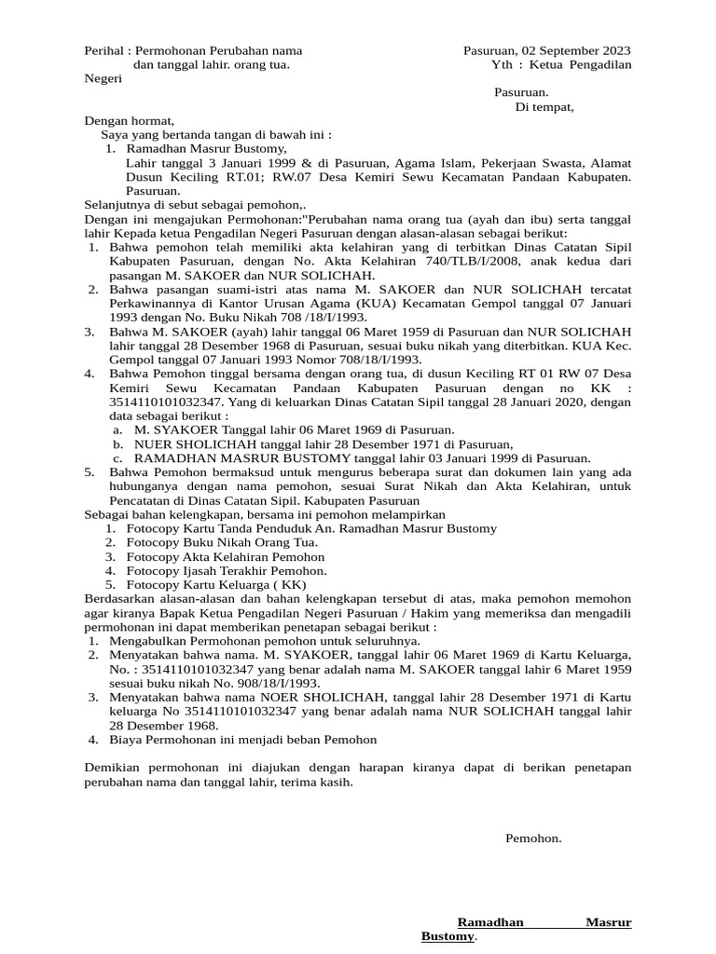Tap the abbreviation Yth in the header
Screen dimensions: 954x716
click(502, 64)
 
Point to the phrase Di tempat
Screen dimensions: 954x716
click(544, 106)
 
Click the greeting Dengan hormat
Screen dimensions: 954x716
click(129, 120)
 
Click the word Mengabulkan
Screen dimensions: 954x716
click(148, 641)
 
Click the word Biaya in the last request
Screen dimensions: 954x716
click(127, 740)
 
